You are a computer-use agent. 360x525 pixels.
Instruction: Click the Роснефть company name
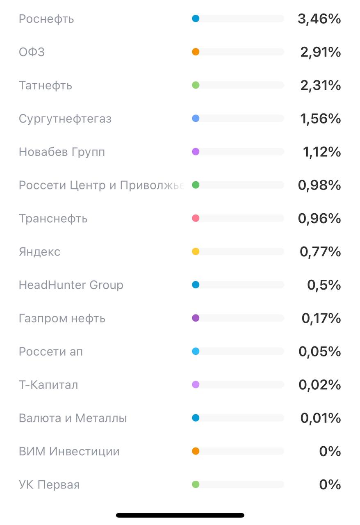click(x=46, y=19)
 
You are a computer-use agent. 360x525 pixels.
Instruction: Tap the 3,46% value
click(x=319, y=19)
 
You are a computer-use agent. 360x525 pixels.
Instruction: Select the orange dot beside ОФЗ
click(x=196, y=52)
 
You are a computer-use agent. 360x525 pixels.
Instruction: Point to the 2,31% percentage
click(x=321, y=85)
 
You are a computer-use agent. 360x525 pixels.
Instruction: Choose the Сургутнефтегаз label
click(x=65, y=119)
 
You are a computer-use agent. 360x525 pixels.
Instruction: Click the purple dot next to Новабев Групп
click(x=196, y=152)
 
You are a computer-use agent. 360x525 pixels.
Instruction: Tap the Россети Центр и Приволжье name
click(x=100, y=185)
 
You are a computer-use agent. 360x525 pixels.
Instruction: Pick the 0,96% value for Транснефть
click(x=319, y=218)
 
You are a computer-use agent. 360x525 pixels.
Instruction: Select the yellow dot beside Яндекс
click(x=196, y=251)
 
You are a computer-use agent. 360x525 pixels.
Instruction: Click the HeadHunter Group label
click(x=71, y=285)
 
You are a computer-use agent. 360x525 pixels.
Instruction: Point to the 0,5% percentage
click(x=324, y=285)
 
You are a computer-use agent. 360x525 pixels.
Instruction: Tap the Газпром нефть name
click(x=62, y=318)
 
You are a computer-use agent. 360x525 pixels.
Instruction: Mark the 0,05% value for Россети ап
click(x=320, y=352)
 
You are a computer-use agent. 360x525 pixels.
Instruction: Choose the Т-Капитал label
click(x=48, y=385)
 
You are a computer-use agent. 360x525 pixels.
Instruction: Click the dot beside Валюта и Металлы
click(x=196, y=418)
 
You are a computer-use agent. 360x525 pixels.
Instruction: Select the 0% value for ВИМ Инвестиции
click(x=330, y=451)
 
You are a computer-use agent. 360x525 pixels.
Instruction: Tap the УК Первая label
click(x=49, y=484)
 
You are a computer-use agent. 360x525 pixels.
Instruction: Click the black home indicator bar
click(x=180, y=515)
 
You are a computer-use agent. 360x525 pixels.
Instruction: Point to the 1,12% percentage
click(x=322, y=152)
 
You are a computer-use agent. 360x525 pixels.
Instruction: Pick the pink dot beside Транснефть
click(x=196, y=218)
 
